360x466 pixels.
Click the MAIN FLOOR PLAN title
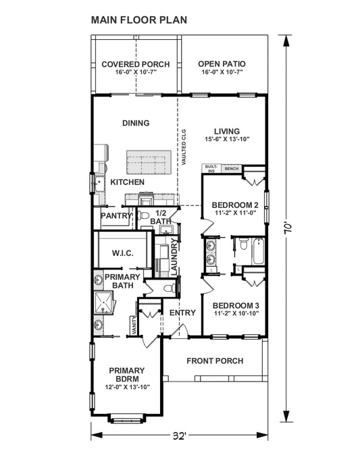(x=139, y=20)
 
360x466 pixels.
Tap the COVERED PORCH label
(x=135, y=64)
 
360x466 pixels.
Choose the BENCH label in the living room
(x=232, y=168)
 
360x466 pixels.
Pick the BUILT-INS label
(x=211, y=169)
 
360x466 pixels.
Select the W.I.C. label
(x=122, y=253)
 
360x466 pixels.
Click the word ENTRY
(x=182, y=313)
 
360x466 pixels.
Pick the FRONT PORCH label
(x=215, y=361)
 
